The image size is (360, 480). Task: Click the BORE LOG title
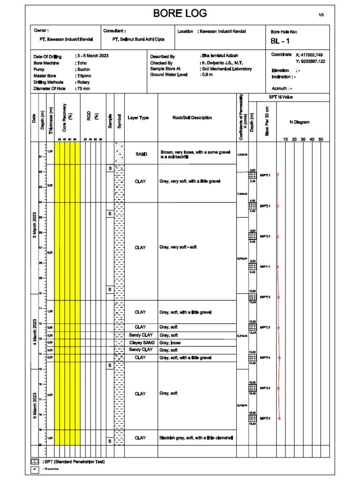pos(180,14)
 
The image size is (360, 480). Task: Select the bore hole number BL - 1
pos(281,41)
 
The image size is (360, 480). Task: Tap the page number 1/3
pos(321,15)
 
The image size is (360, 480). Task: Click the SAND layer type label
pos(141,154)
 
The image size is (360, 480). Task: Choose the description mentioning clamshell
pos(196,438)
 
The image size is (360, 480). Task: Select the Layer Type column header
pos(138,118)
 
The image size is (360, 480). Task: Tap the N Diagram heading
pos(300,122)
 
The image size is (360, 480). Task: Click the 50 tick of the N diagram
pos(321,139)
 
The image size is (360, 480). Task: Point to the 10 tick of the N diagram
pos(285,139)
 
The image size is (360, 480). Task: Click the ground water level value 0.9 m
pos(207,75)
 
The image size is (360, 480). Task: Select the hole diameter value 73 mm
pos(83,88)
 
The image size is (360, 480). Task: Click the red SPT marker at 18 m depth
pos(279,419)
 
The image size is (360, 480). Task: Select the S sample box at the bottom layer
pos(109,441)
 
